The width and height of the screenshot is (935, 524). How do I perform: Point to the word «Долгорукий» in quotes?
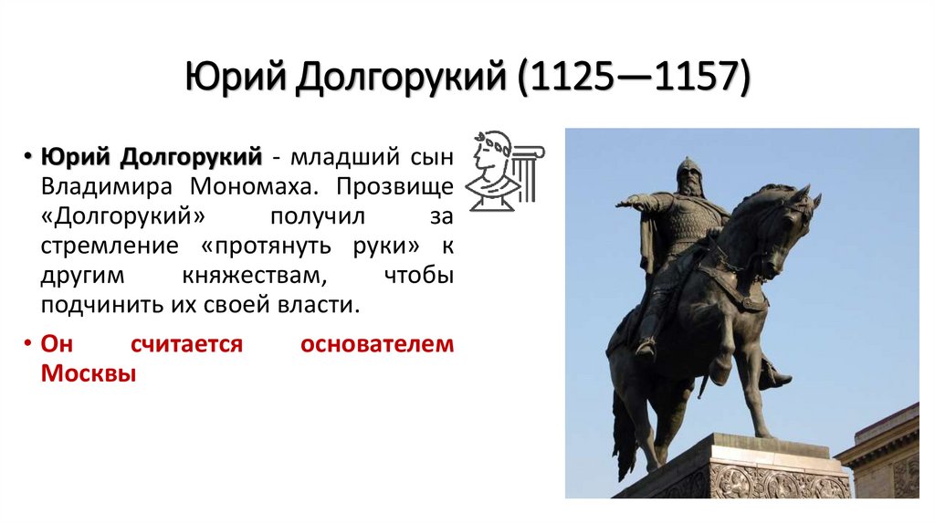121,216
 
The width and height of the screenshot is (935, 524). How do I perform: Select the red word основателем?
375,344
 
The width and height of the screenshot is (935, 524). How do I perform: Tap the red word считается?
187,344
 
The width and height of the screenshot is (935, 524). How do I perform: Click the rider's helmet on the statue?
688,170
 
